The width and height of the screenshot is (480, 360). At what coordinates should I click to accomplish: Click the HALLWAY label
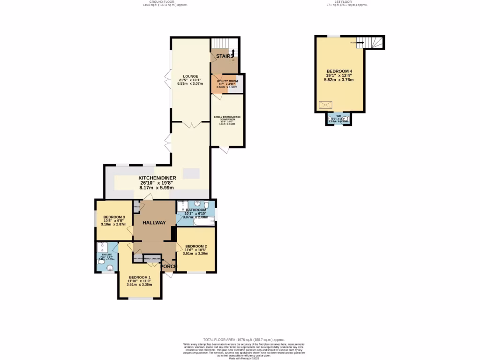pyautogui.click(x=154, y=223)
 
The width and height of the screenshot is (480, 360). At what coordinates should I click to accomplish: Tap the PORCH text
pyautogui.click(x=169, y=267)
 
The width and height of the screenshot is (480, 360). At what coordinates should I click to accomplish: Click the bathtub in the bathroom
pyautogui.click(x=196, y=219)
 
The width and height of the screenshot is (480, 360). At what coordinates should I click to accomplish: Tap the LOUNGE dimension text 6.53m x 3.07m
pyautogui.click(x=190, y=83)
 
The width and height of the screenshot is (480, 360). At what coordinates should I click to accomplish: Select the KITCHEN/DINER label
pyautogui.click(x=157, y=178)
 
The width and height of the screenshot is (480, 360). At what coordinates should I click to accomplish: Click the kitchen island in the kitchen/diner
pyautogui.click(x=191, y=173)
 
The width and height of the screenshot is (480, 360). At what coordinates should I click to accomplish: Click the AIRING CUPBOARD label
pyautogui.click(x=152, y=258)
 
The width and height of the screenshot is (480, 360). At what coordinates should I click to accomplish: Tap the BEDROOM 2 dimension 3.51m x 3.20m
pyautogui.click(x=195, y=254)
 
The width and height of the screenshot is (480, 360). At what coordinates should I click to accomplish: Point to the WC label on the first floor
pyautogui.click(x=338, y=116)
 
